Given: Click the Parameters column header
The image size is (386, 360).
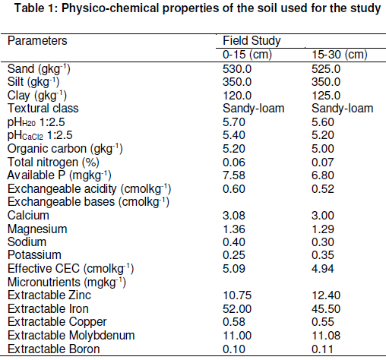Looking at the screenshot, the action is tap(37, 41).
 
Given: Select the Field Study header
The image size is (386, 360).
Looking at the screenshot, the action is tap(252, 41).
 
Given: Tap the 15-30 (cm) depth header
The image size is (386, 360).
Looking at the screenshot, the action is tap(340, 55).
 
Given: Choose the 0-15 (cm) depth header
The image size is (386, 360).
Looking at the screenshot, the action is tap(247, 55).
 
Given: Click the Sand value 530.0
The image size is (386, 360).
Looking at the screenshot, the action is tap(237, 69).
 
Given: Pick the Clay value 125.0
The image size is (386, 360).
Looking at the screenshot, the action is tap(326, 96).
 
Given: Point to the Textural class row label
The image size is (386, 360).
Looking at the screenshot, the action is tap(43, 109).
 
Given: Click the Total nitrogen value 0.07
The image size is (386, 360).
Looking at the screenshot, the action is tap(323, 163).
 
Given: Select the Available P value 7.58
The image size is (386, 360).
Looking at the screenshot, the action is tap(234, 175).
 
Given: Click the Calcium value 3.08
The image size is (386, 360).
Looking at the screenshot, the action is tap(234, 216).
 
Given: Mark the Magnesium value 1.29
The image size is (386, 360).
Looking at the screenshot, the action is tap(323, 229).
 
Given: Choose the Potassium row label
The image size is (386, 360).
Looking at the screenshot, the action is tap(34, 255).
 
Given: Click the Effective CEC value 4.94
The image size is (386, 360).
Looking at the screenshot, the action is tap(323, 269).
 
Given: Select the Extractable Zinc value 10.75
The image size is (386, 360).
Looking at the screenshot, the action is tap(237, 295).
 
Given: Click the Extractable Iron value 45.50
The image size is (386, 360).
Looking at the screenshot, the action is tap(326, 309).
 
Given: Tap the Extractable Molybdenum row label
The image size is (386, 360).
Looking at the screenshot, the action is tap(71, 336).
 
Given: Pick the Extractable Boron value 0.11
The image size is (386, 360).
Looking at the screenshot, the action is tap(322, 349).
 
